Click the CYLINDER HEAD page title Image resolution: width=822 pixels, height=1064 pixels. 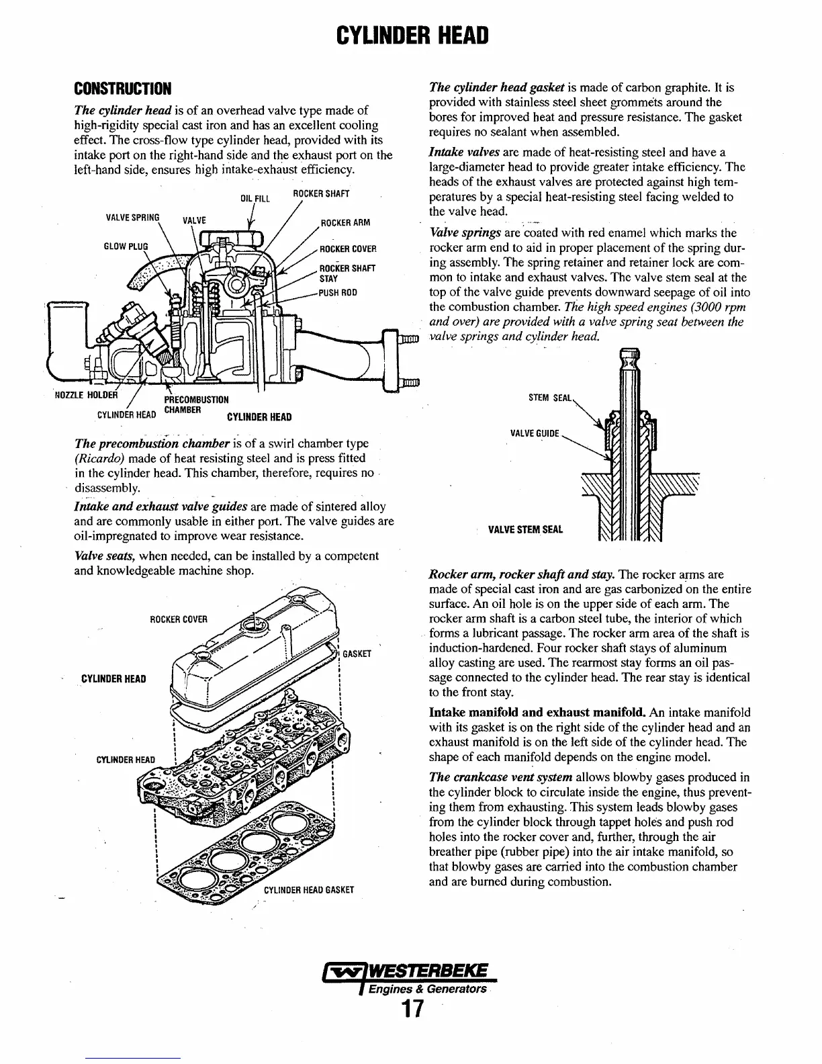(411, 34)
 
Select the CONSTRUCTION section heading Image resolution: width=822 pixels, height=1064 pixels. (123, 89)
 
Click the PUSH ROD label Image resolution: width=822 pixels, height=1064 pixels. (338, 293)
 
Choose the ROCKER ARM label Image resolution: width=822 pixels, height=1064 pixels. (345, 223)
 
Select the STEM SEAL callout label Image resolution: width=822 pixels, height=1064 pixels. (550, 398)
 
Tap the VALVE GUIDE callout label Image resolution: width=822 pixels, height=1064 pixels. (535, 433)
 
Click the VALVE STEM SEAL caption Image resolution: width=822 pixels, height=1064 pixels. (525, 529)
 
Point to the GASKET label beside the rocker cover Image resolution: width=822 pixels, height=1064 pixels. (357, 654)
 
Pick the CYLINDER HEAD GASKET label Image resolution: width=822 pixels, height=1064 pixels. (308, 890)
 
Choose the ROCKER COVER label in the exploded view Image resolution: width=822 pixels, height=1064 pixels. (178, 619)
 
